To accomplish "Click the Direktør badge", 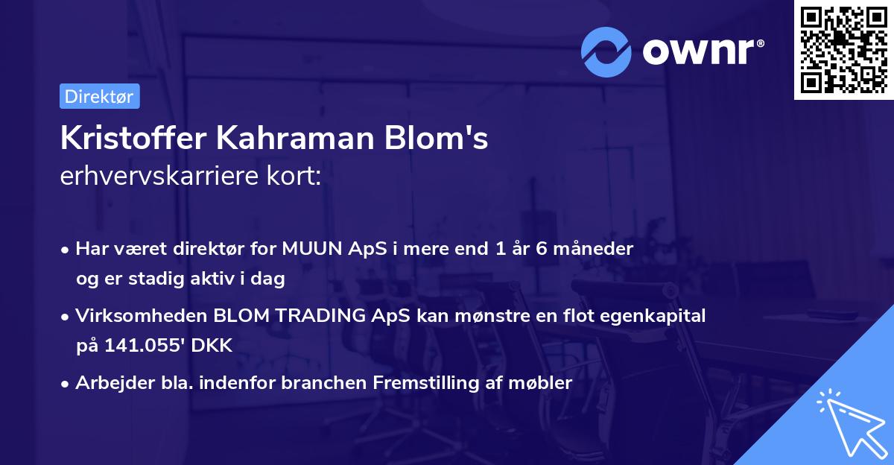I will (99, 96).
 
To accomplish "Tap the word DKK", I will (213, 346).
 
